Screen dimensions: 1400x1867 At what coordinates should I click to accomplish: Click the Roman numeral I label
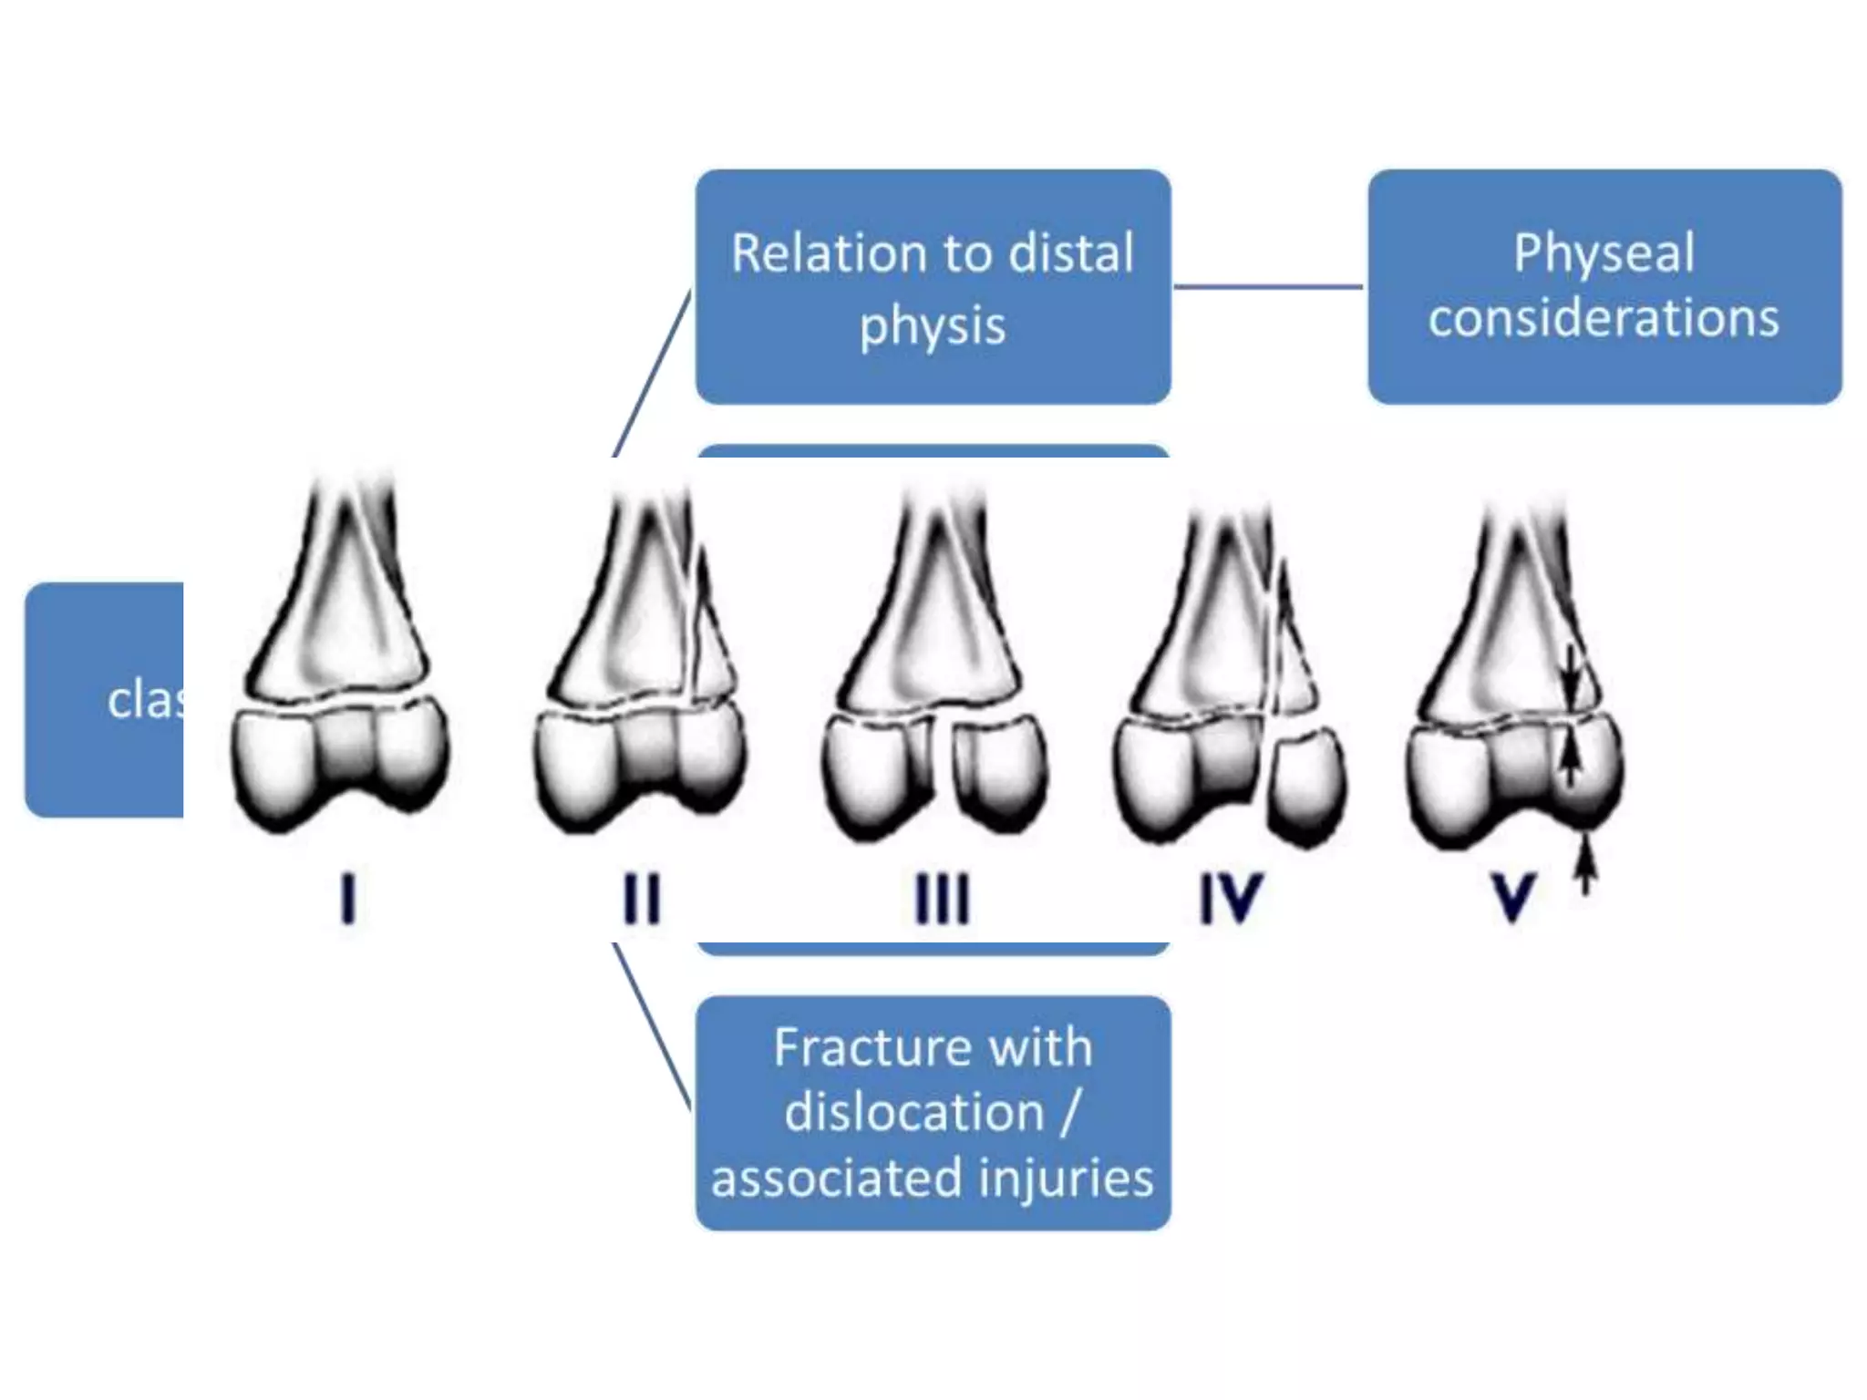click(347, 899)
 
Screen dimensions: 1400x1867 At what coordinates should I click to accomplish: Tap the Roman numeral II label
click(641, 899)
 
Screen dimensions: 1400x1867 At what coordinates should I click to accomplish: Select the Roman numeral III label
click(942, 899)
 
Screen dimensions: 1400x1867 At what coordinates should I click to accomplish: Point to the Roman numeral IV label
click(1231, 899)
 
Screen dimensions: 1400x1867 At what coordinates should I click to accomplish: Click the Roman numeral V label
click(1513, 897)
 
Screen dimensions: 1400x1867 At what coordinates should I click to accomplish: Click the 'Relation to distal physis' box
click(933, 286)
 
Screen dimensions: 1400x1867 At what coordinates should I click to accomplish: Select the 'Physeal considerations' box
click(1604, 286)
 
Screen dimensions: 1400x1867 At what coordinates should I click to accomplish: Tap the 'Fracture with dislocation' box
click(933, 1112)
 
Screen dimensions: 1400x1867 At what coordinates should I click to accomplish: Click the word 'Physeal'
click(1604, 252)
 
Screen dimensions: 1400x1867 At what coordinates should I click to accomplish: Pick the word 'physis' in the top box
click(933, 325)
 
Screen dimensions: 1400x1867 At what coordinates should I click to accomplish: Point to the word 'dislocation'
click(914, 1112)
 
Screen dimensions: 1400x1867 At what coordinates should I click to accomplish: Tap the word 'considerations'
click(1604, 317)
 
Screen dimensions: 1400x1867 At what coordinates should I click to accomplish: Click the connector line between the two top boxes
click(1268, 286)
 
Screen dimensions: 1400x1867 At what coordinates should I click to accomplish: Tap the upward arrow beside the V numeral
click(1586, 866)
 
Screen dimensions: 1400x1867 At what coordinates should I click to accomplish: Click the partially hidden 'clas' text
click(144, 700)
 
